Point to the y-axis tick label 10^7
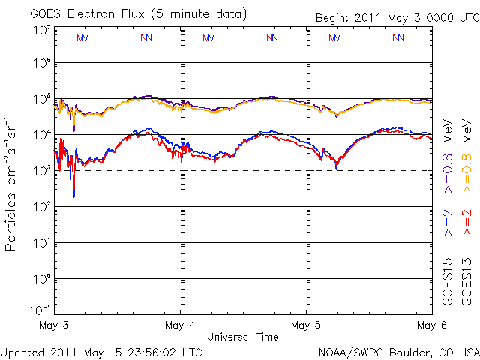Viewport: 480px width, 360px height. point(42,30)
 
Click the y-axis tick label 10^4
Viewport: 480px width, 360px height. point(42,134)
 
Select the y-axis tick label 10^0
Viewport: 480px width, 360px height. point(42,278)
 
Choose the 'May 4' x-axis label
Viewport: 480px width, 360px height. point(180,325)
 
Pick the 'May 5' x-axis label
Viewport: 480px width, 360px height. point(307,325)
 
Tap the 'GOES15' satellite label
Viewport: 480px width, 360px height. point(448,277)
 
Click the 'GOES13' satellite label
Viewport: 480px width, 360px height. point(467,277)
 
